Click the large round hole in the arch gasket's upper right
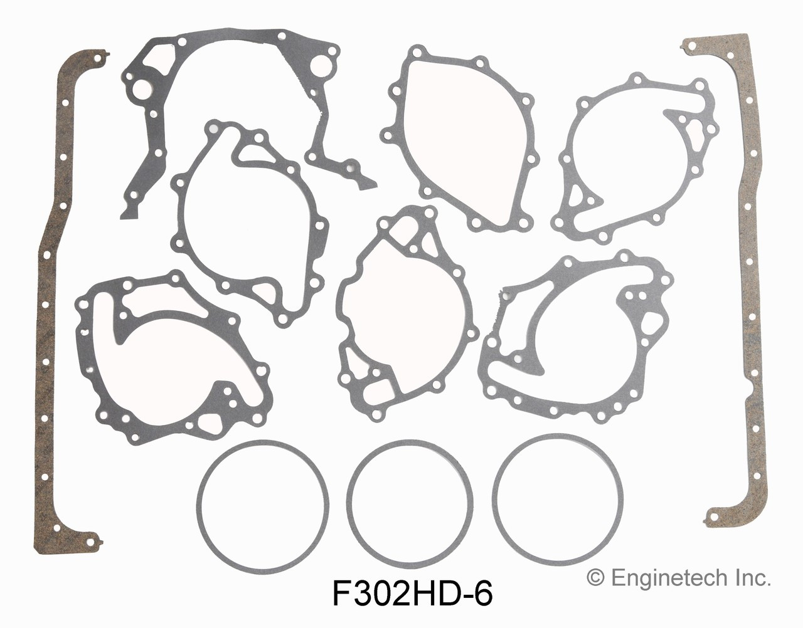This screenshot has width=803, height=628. (322, 65)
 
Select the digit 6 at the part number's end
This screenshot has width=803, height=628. (484, 592)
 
